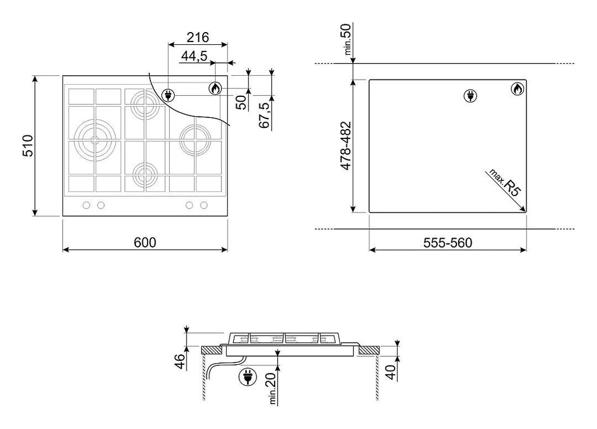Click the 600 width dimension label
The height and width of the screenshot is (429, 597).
[145, 242]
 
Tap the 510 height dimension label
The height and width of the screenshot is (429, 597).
[28, 146]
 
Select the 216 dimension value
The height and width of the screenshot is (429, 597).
[198, 37]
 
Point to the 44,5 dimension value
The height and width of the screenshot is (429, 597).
[194, 56]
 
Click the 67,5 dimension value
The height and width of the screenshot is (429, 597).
[264, 115]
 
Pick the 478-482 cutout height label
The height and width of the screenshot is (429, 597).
[345, 145]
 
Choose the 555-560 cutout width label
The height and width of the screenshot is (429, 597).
[448, 243]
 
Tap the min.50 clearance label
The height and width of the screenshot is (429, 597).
[347, 39]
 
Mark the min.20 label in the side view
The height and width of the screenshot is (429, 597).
[272, 388]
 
